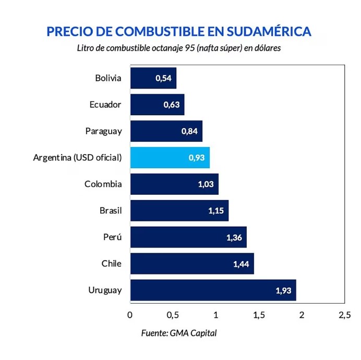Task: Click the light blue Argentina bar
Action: pyautogui.click(x=170, y=157)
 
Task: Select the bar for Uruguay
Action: pyautogui.click(x=213, y=290)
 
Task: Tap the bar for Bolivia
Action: pyautogui.click(x=153, y=78)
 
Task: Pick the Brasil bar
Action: pyautogui.click(x=179, y=210)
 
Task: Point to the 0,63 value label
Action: pyautogui.click(x=171, y=105)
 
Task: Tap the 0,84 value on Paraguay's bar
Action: pyautogui.click(x=189, y=131)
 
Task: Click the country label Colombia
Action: pyautogui.click(x=103, y=184)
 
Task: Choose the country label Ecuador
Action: pyautogui.click(x=105, y=104)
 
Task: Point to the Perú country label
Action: pyautogui.click(x=113, y=237)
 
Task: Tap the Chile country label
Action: pyautogui.click(x=112, y=264)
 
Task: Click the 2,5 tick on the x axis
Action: pyautogui.click(x=344, y=315)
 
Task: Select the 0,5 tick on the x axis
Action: pyautogui.click(x=173, y=315)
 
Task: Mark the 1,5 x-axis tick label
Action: pyautogui.click(x=258, y=315)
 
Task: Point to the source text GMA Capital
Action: pyautogui.click(x=193, y=333)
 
